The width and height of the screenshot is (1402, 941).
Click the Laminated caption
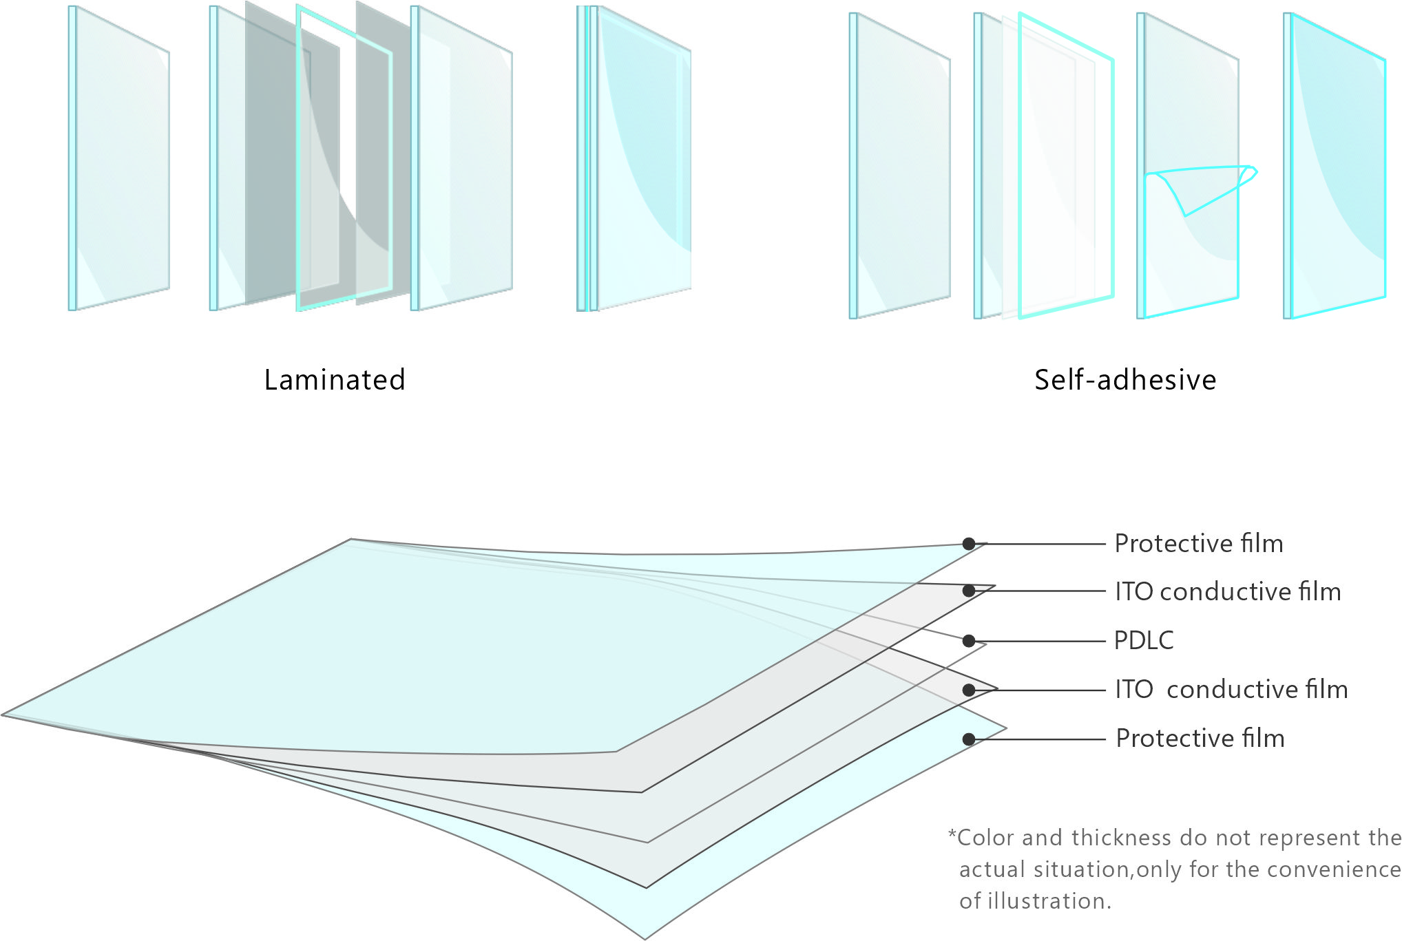335,380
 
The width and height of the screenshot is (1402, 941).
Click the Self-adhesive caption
1125,380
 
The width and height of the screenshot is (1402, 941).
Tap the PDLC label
1143,641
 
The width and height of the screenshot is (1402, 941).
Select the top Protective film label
1198,544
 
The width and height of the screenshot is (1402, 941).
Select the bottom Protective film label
1200,739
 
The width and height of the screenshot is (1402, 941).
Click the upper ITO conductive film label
1228,592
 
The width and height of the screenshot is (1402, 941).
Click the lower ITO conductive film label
1231,690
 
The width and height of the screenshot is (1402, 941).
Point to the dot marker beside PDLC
969,641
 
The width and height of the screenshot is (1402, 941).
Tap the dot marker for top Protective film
969,544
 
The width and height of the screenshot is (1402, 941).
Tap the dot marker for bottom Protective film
969,739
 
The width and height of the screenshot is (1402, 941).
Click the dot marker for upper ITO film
969,591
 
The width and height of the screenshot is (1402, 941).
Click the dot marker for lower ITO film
969,690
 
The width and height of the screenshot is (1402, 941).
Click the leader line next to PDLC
1040,641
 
